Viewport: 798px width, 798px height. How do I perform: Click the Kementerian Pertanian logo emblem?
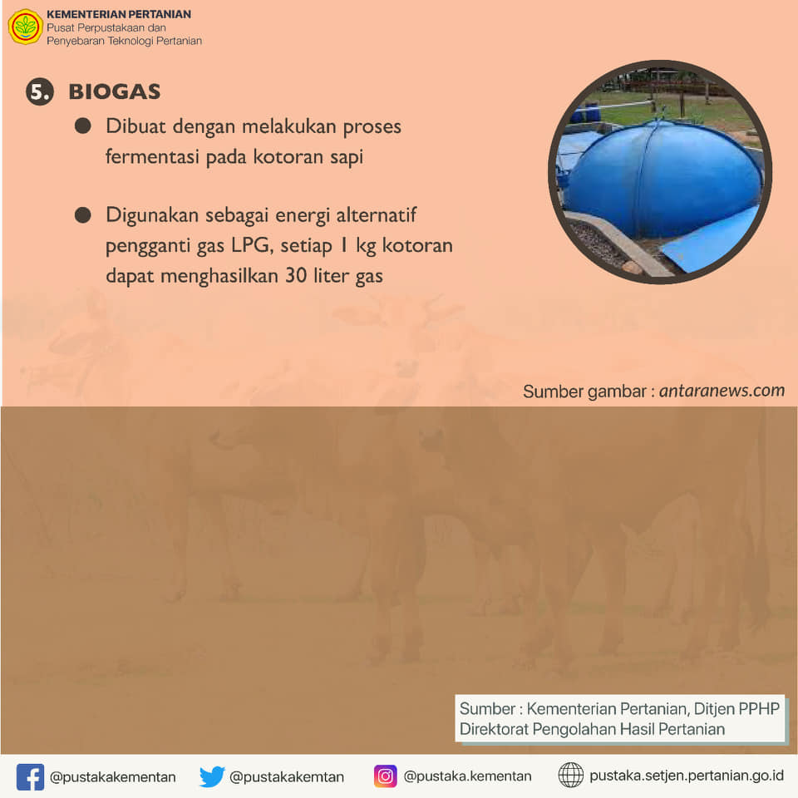click(26, 27)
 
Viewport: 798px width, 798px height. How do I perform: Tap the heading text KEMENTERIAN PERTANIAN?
click(119, 14)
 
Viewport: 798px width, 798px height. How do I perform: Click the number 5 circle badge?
click(40, 91)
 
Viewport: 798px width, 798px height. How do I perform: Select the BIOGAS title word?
click(115, 91)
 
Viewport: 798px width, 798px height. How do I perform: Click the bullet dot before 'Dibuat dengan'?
click(82, 126)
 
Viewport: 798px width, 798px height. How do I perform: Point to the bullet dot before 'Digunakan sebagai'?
click(82, 214)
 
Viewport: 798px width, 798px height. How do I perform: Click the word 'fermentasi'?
click(152, 156)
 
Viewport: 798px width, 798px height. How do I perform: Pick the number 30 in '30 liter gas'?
click(296, 275)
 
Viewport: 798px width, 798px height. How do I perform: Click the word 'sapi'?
click(347, 157)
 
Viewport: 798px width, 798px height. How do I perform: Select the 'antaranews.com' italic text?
click(722, 391)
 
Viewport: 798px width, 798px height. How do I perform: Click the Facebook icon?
click(30, 776)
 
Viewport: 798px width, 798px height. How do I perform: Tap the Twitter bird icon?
click(212, 776)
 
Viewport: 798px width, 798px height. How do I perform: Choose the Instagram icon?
click(385, 776)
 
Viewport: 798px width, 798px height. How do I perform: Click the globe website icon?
click(571, 775)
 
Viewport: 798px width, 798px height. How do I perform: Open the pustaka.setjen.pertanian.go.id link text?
click(687, 776)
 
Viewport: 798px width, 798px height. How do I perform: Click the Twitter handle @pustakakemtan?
click(287, 777)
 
